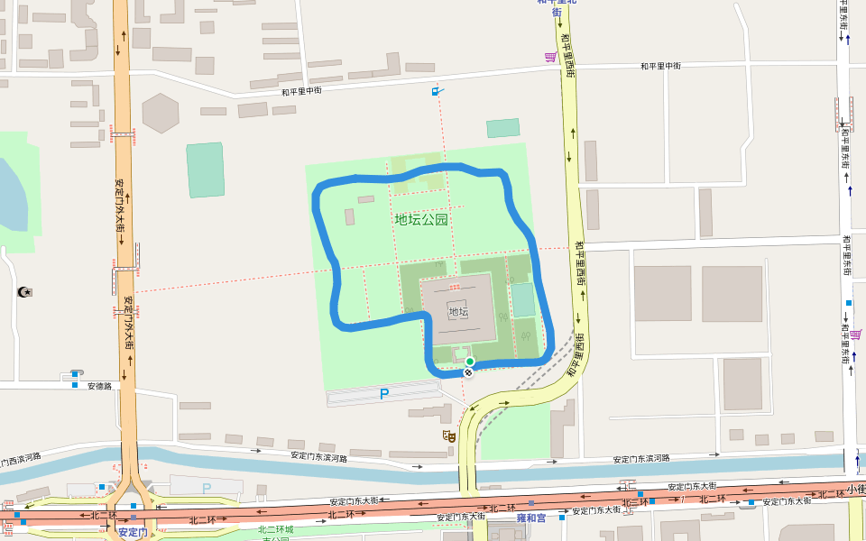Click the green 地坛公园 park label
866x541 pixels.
(421, 219)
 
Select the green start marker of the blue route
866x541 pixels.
(470, 362)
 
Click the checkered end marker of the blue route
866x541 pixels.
(468, 372)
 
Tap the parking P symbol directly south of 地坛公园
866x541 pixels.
(384, 394)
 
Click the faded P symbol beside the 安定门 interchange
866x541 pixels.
(207, 488)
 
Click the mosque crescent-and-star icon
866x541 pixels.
(23, 291)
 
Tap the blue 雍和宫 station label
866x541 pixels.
(531, 518)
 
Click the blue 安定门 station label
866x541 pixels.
(132, 532)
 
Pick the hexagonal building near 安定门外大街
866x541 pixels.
(161, 113)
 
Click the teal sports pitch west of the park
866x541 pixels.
(206, 170)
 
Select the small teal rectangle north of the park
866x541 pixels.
(503, 128)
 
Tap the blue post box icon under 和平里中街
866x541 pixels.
(437, 91)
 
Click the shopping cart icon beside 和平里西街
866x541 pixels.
(550, 57)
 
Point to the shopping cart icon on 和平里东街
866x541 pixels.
(854, 334)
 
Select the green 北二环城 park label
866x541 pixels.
(275, 529)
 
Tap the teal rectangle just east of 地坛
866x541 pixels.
(522, 299)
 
